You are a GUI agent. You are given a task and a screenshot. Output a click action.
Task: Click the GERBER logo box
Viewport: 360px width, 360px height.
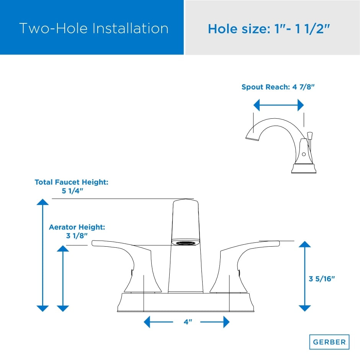tap(329, 342)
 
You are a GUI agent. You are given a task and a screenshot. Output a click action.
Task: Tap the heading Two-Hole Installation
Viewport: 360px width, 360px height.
tap(94, 28)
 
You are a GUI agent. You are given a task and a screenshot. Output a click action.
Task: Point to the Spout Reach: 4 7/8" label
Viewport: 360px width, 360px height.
tap(278, 87)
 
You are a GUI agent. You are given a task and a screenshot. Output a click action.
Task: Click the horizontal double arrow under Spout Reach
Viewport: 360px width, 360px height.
tap(278, 105)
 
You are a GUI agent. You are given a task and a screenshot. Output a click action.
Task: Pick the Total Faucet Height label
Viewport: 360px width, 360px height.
tap(72, 182)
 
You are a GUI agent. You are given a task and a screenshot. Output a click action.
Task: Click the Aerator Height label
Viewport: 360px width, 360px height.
tap(77, 227)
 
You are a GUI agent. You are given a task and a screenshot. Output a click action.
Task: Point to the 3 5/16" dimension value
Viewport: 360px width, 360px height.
tap(322, 279)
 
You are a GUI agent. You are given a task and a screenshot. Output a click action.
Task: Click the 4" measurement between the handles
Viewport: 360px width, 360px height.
tap(187, 322)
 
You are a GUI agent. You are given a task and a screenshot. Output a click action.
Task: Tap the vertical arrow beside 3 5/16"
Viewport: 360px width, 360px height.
tap(304, 276)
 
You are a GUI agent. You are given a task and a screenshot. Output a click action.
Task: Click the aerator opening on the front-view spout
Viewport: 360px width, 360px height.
tap(186, 242)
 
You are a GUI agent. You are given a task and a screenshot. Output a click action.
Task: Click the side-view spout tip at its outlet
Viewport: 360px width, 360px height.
tap(250, 137)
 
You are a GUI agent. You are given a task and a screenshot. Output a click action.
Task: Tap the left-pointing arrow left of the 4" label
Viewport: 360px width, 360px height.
tap(157, 322)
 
